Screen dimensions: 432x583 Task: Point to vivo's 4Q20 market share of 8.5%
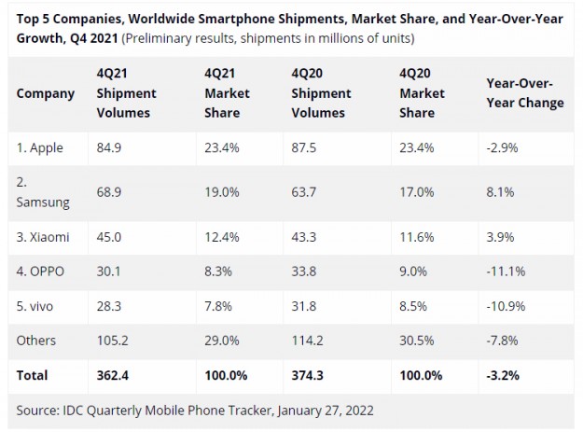point(415,306)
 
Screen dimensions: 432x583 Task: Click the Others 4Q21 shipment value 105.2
point(115,341)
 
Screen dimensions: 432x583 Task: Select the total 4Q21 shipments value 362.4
point(116,375)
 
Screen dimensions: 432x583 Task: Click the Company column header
point(46,93)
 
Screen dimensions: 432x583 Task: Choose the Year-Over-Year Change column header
point(525,93)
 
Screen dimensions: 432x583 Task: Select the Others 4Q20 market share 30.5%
point(419,341)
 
